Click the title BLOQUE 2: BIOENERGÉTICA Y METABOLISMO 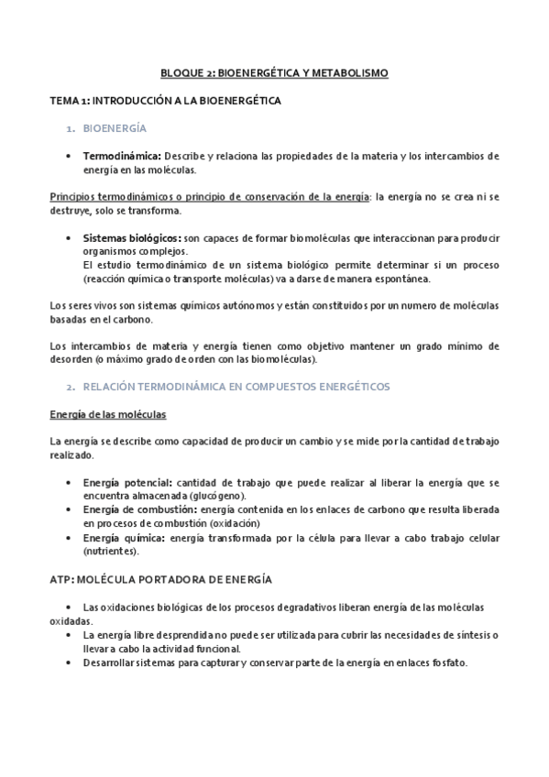coord(274,71)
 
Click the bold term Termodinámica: coord(122,157)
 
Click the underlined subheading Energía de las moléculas coord(106,415)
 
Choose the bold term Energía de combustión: coord(137,509)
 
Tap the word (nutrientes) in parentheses coord(110,551)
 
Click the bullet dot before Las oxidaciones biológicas coord(71,608)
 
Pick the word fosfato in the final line coord(448,663)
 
